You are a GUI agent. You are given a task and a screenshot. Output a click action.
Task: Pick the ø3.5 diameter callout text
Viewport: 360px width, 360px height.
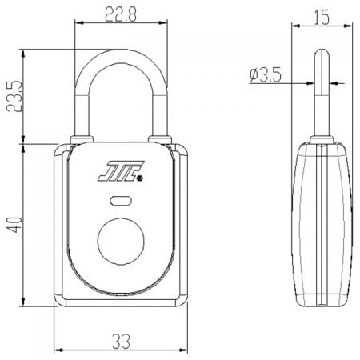(266, 75)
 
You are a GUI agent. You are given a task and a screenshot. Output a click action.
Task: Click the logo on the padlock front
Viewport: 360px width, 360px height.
(119, 172)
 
